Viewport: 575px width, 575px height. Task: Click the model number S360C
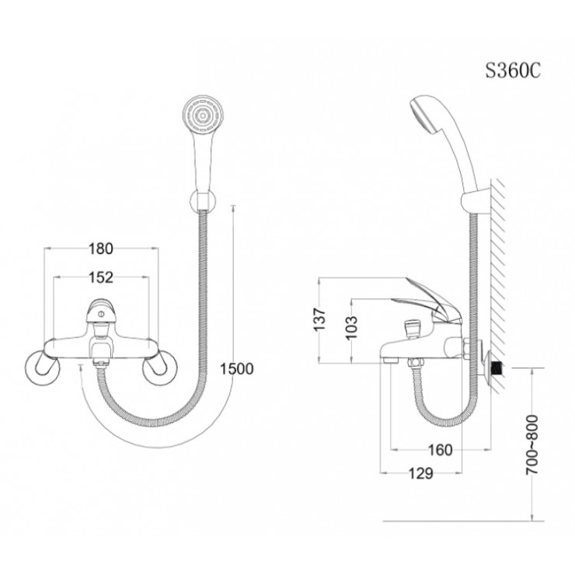(512, 70)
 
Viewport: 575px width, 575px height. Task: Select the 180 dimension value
(102, 249)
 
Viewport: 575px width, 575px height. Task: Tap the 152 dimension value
(102, 277)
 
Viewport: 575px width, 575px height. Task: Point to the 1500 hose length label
(237, 369)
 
